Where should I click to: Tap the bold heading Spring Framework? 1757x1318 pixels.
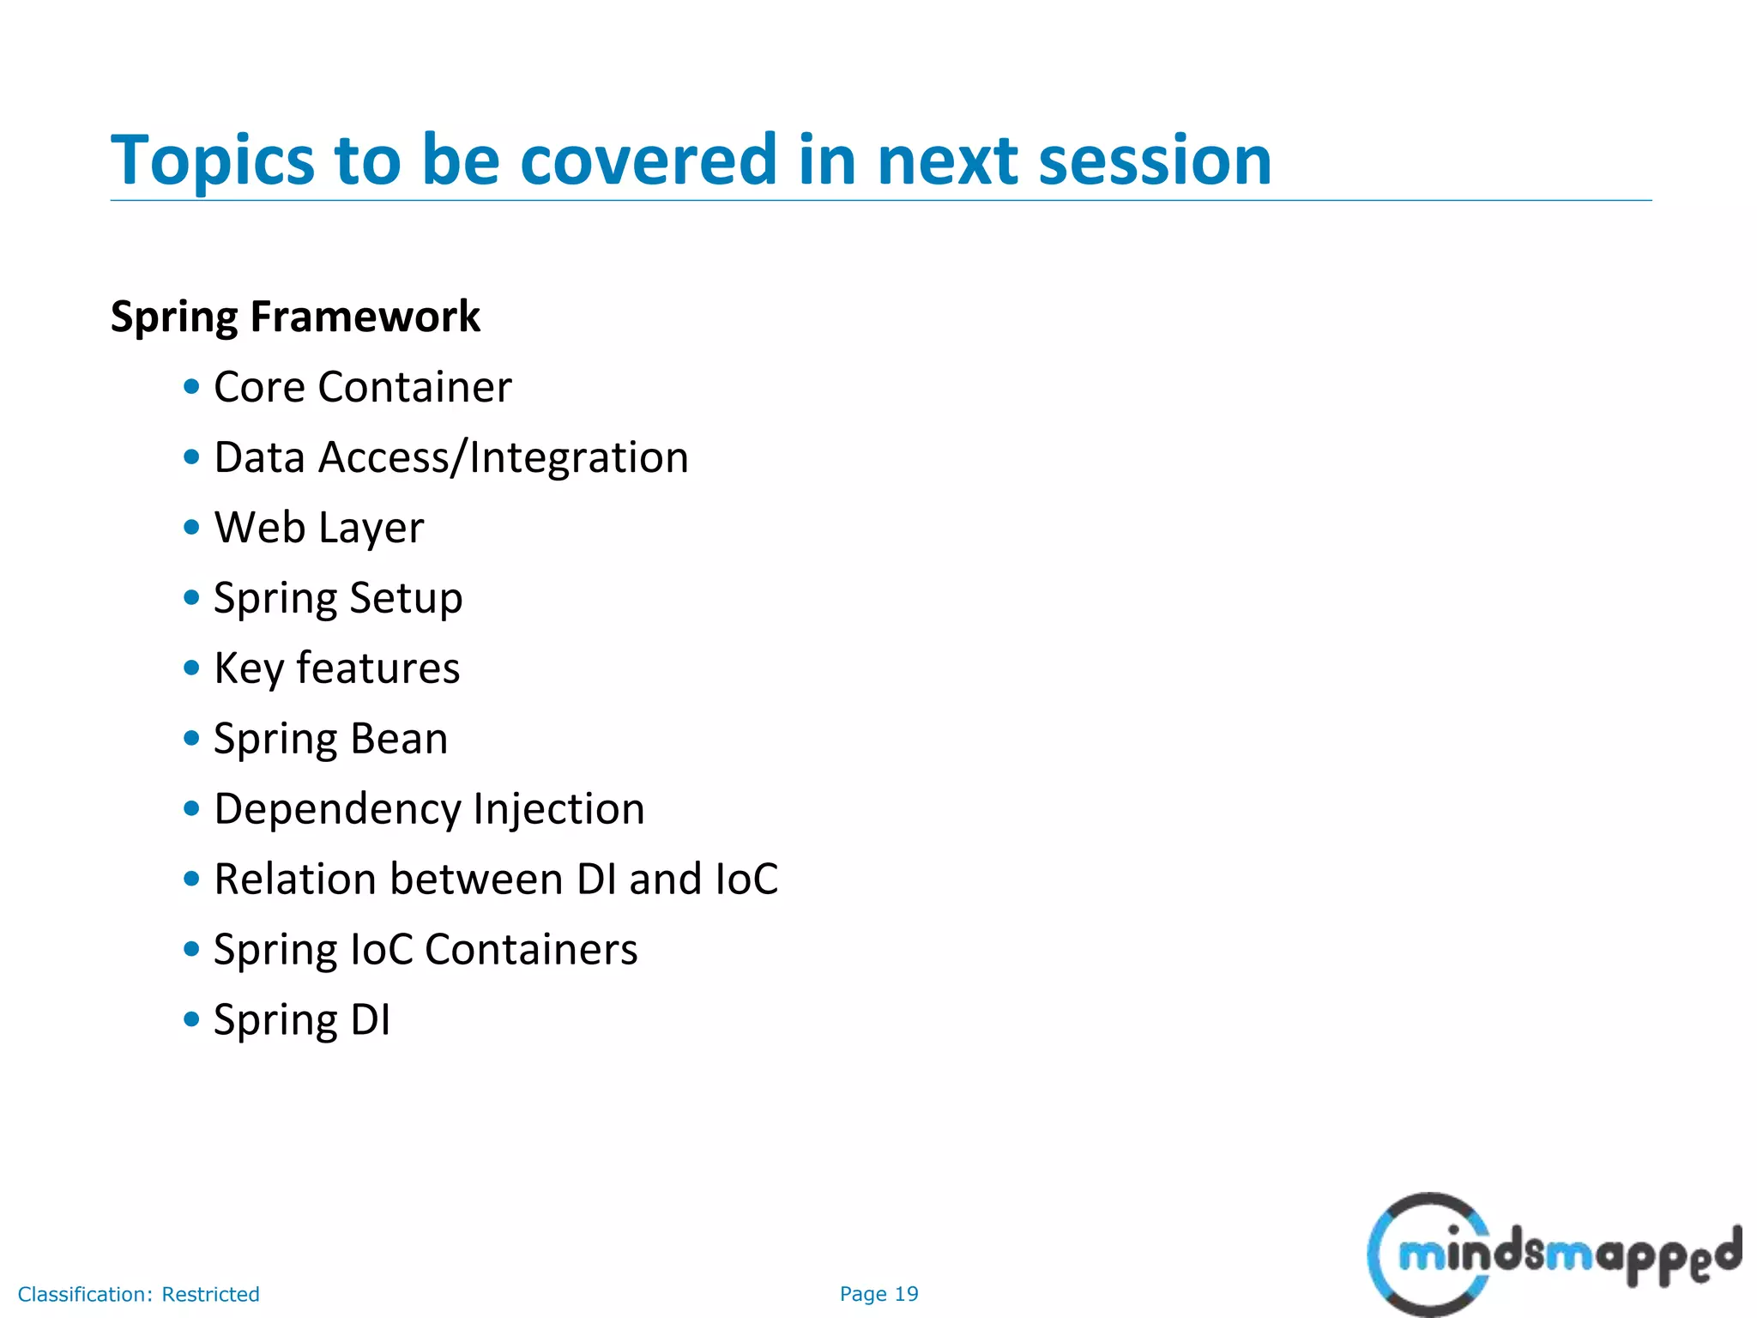pyautogui.click(x=295, y=317)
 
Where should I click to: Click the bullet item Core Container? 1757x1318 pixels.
pyautogui.click(x=362, y=387)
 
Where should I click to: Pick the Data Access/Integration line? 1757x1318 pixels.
pyautogui.click(x=451, y=457)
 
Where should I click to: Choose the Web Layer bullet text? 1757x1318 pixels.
pyautogui.click(x=319, y=528)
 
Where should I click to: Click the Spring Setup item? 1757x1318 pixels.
pyautogui.click(x=338, y=598)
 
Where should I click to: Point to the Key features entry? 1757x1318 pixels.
pyautogui.click(x=336, y=668)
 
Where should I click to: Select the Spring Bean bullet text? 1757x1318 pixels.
pyautogui.click(x=330, y=739)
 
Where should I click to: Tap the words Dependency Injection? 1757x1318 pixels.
pyautogui.click(x=429, y=809)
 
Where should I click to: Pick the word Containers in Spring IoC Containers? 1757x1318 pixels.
pyautogui.click(x=531, y=950)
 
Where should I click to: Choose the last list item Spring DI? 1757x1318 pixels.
pyautogui.click(x=302, y=1020)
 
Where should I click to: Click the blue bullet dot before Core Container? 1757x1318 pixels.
pyautogui.click(x=191, y=387)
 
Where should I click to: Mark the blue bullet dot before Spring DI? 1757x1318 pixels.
pyautogui.click(x=191, y=1020)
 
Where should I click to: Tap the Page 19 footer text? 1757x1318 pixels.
pyautogui.click(x=878, y=1294)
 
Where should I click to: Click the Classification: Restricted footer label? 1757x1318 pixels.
pyautogui.click(x=138, y=1294)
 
